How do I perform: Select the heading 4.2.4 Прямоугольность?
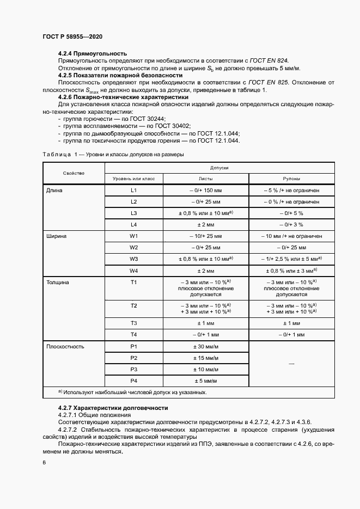click(93, 53)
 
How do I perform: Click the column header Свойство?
click(74, 173)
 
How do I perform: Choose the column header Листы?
click(205, 179)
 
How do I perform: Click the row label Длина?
click(55, 191)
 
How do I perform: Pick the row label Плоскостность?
click(65, 346)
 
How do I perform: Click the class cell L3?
click(133, 213)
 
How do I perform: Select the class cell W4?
click(133, 271)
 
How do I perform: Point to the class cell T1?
click(133, 283)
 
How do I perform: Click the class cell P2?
click(133, 358)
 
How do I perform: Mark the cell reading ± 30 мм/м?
click(205, 346)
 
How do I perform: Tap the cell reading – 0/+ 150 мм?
click(205, 191)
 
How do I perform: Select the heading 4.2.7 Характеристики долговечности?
click(113, 408)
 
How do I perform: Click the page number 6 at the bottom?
click(44, 463)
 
